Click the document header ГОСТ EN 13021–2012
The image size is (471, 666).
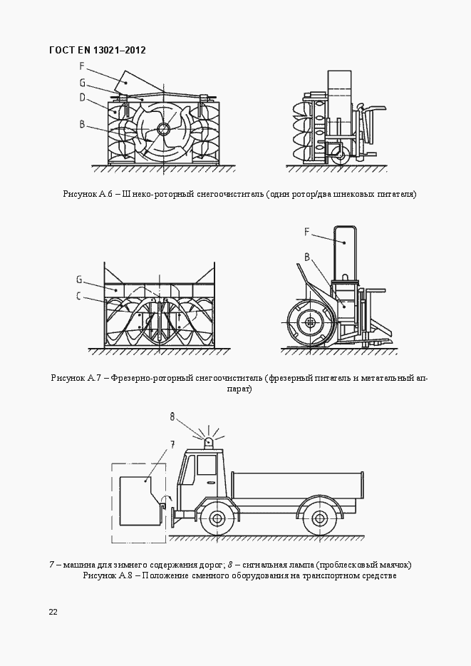tap(97, 51)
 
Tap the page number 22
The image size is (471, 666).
tap(53, 613)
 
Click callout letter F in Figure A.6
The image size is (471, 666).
tap(83, 66)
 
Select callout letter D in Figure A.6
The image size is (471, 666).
tap(83, 98)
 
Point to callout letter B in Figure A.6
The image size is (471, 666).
tap(83, 124)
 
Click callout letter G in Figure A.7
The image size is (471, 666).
tap(80, 279)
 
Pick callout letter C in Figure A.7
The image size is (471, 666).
tap(80, 297)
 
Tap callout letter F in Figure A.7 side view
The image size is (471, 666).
tap(306, 231)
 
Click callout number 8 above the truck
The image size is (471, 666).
tap(172, 416)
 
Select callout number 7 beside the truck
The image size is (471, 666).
tap(172, 444)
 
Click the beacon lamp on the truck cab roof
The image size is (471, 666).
tap(208, 442)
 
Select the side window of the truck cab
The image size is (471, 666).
tap(207, 466)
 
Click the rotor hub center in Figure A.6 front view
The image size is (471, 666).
tap(163, 129)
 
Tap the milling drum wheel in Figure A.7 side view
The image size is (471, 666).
tap(310, 323)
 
